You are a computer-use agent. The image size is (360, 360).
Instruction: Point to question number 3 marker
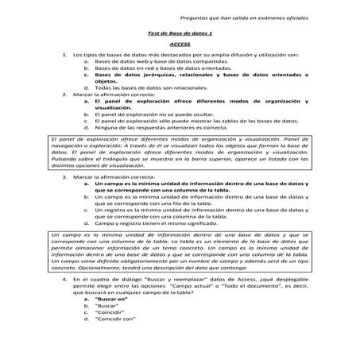tap(64, 177)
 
